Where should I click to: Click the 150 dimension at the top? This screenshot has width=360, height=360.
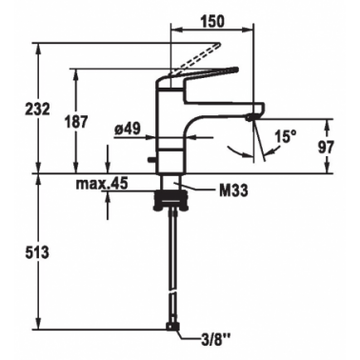(x=212, y=21)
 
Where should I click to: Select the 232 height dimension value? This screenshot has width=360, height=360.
(x=38, y=110)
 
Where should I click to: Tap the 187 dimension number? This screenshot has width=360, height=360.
(x=76, y=122)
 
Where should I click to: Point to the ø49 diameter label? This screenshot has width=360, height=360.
(x=128, y=129)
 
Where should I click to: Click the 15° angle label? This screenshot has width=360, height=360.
(x=286, y=137)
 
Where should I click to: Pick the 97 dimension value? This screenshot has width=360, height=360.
(x=326, y=147)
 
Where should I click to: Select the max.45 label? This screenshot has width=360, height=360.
(x=102, y=183)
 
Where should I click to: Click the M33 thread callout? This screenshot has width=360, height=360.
(x=233, y=190)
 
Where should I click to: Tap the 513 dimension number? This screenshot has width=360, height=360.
(x=37, y=252)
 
